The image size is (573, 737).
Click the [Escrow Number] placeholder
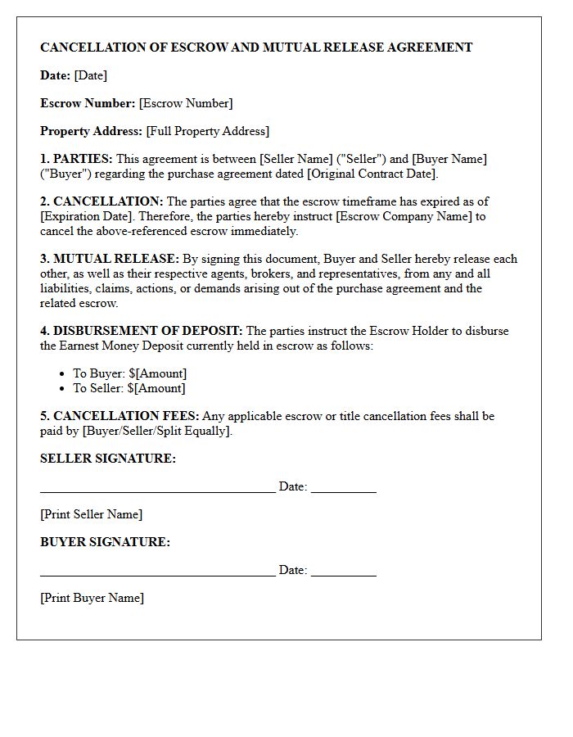pos(186,103)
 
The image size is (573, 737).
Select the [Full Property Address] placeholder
pos(207,131)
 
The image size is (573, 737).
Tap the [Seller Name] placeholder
pos(296,159)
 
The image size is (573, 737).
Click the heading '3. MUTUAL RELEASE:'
pos(110,259)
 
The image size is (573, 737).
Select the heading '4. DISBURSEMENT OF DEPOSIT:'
pos(141,331)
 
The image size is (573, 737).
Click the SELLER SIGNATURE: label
pos(108,459)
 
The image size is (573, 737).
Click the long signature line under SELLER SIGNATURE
pos(157,491)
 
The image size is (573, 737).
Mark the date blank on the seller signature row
pos(343,491)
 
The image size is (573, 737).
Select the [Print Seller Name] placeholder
pos(91,514)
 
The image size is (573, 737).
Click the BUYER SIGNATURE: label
pos(105,542)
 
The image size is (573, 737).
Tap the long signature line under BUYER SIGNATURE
pos(157,575)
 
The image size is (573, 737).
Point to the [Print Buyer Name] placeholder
pos(92,598)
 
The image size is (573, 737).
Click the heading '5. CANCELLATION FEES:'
pos(120,416)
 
